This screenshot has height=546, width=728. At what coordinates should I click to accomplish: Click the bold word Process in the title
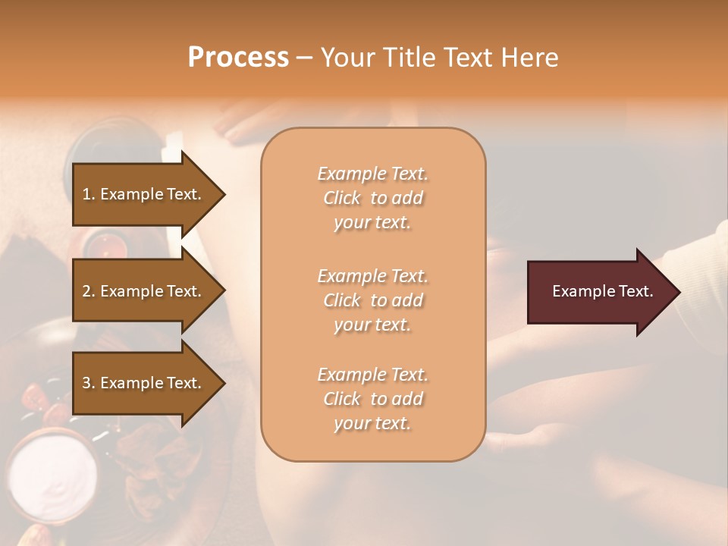pyautogui.click(x=238, y=58)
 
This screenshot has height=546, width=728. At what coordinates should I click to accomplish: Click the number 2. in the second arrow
pyautogui.click(x=88, y=291)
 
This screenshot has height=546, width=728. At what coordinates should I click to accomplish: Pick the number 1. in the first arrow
pyautogui.click(x=88, y=194)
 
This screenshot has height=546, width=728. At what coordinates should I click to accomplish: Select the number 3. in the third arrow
pyautogui.click(x=88, y=383)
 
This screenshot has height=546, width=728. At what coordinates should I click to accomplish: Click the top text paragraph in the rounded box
pyautogui.click(x=372, y=198)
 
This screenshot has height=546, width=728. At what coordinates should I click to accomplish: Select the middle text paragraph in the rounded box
pyautogui.click(x=372, y=300)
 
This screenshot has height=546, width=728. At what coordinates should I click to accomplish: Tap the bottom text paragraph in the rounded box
pyautogui.click(x=372, y=399)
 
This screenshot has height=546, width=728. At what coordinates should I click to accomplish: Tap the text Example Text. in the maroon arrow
pyautogui.click(x=602, y=291)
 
